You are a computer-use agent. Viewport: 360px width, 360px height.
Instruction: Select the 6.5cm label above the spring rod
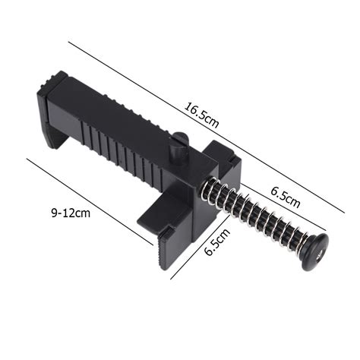click(x=285, y=199)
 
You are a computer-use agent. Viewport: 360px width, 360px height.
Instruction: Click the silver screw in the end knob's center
click(x=321, y=245)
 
